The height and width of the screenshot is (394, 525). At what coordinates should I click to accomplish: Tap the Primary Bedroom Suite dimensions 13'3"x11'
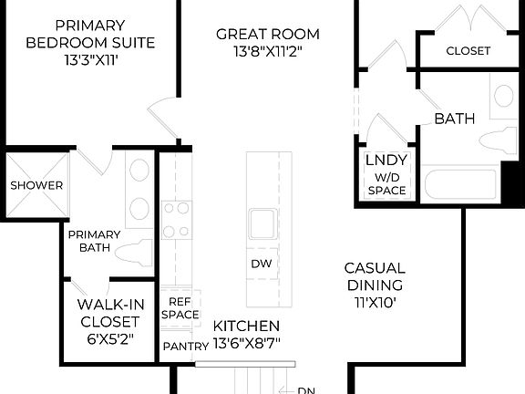90,60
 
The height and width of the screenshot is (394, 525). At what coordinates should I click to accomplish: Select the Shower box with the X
36,185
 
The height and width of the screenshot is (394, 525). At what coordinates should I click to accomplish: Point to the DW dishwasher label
262,264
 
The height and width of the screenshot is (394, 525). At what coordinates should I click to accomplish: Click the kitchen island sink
262,223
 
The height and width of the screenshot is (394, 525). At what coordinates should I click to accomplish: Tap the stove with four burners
176,220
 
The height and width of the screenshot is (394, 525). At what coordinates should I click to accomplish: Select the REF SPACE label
180,307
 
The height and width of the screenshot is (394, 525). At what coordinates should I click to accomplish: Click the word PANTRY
185,347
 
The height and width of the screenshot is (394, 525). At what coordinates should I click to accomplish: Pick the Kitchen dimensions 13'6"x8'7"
246,345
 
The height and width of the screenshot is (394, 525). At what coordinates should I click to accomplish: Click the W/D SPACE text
386,183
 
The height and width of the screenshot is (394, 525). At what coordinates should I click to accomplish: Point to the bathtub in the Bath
460,185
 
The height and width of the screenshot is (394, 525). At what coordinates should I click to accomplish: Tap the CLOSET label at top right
468,51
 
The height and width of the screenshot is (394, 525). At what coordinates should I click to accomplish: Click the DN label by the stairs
306,390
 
